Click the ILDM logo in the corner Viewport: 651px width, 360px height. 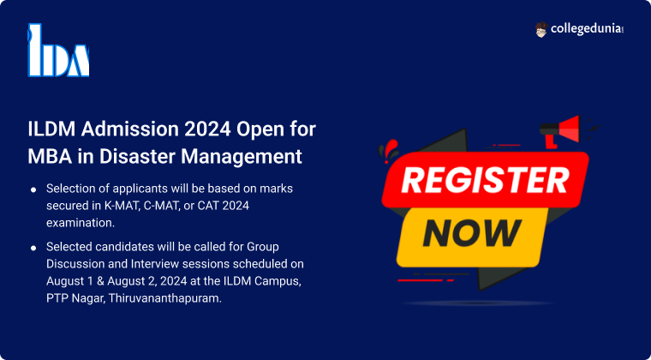58,51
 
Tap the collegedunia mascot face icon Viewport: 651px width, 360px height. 541,29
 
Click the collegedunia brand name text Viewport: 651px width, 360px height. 587,29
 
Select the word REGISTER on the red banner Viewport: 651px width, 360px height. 485,180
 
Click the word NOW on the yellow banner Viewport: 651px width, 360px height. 472,233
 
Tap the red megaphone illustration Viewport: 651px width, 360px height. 561,131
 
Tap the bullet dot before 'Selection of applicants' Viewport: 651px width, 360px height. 33,189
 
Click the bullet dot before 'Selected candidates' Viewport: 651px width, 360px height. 33,248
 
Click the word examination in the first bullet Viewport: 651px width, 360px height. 81,223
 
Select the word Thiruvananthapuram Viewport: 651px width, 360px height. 164,298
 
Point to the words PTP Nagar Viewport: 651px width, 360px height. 75,298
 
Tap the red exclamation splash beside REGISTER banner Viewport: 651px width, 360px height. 388,151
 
